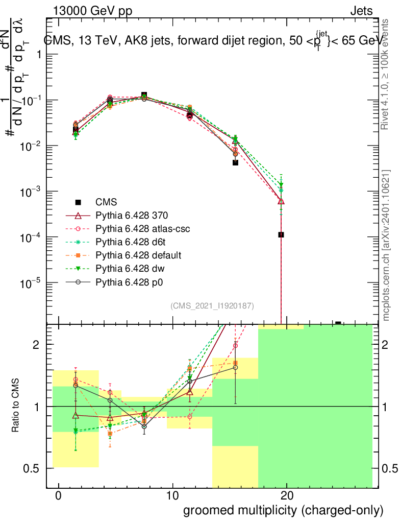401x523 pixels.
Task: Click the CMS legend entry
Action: (x=107, y=202)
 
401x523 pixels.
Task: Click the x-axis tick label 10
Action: (x=173, y=496)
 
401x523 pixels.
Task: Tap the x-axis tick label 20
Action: (x=287, y=496)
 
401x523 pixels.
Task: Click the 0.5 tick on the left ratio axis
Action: (x=34, y=468)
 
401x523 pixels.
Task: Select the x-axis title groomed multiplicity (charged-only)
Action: (x=283, y=510)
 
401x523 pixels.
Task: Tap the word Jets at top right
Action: (x=361, y=11)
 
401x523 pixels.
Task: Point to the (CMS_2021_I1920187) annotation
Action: (x=212, y=305)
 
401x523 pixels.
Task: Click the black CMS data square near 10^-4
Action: (x=281, y=235)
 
